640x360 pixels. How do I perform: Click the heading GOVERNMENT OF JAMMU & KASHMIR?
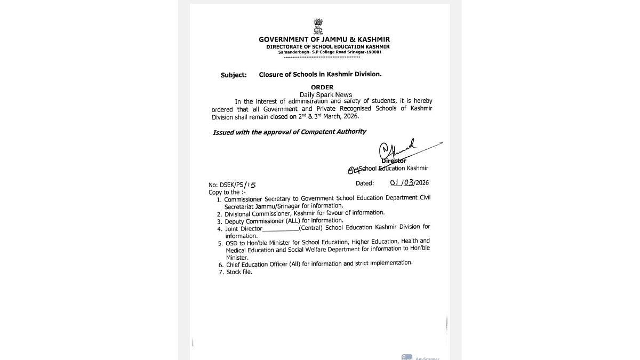[324, 39]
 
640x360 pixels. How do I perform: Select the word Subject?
[234, 75]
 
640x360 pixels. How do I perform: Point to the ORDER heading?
[322, 87]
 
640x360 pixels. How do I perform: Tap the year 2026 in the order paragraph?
[350, 116]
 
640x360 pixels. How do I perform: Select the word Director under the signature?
[394, 161]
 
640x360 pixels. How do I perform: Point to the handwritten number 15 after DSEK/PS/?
[250, 185]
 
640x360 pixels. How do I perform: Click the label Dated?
[365, 183]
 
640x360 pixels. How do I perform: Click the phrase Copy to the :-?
[227, 192]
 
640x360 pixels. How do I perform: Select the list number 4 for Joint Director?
[219, 229]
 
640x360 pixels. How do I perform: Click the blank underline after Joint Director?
[281, 229]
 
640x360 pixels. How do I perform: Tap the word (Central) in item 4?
[310, 228]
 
